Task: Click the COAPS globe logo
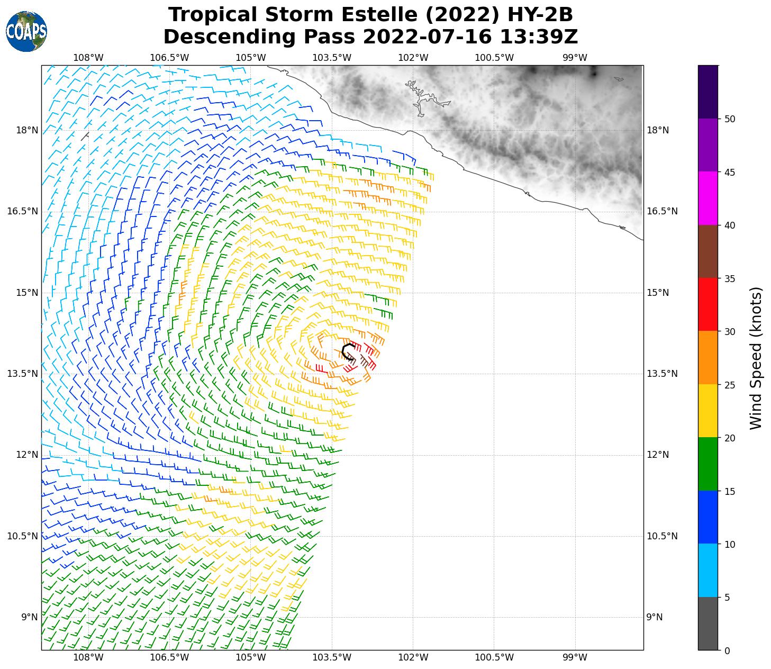click(26, 32)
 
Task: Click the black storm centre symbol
click(348, 352)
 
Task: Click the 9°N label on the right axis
click(655, 617)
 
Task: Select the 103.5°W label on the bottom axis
click(332, 658)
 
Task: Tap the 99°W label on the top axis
click(575, 58)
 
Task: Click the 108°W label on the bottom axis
click(88, 658)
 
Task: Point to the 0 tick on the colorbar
click(727, 651)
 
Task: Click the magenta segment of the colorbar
click(707, 198)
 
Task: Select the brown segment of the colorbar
click(707, 251)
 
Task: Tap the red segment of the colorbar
click(707, 305)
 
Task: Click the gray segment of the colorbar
click(707, 623)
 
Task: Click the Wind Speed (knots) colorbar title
click(756, 358)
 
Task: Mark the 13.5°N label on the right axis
click(662, 374)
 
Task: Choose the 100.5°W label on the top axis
click(494, 58)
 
